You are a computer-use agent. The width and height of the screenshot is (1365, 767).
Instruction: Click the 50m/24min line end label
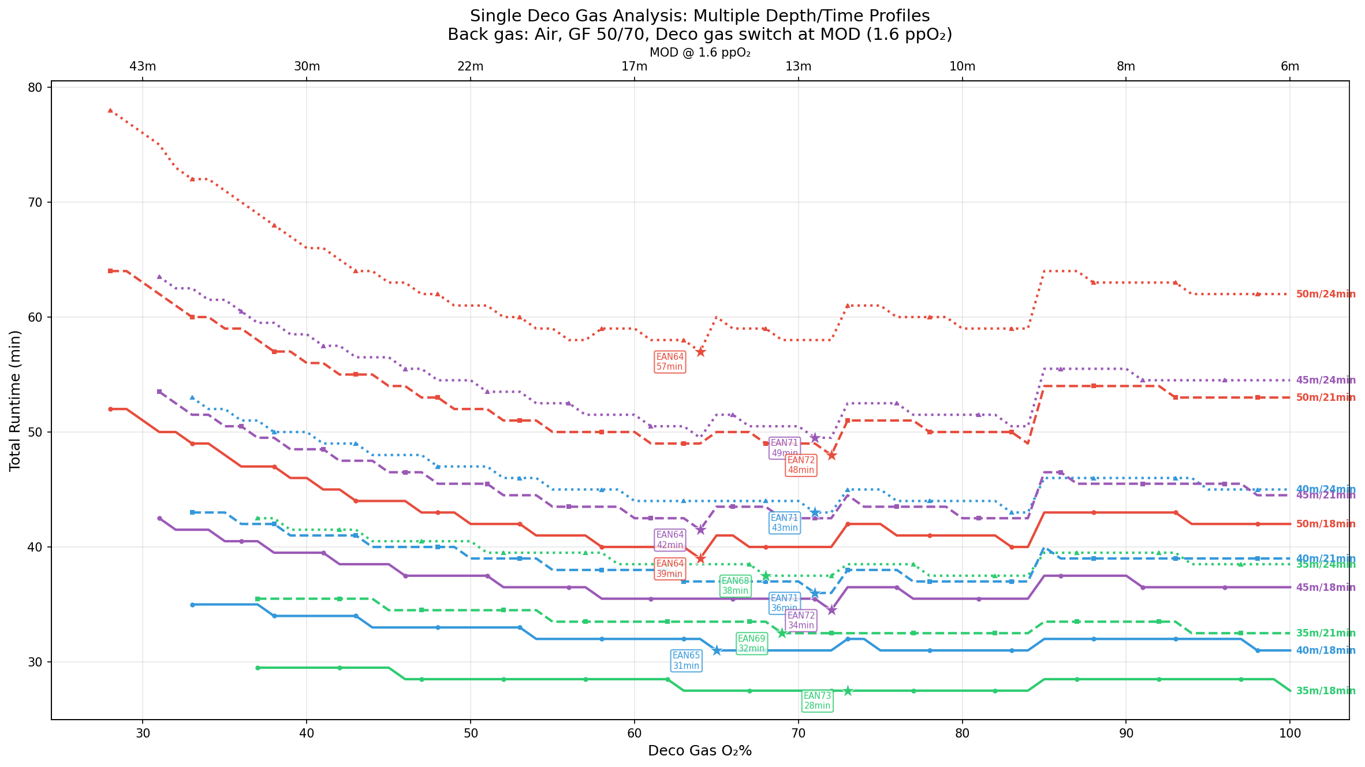tap(1325, 294)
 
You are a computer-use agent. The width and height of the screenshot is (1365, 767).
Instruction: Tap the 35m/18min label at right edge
tap(1325, 691)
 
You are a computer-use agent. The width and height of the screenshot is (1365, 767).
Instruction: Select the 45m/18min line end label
tap(1325, 587)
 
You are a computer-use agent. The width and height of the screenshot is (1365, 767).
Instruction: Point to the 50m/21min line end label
tap(1325, 397)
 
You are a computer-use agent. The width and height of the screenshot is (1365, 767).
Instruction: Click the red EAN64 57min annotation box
tap(670, 362)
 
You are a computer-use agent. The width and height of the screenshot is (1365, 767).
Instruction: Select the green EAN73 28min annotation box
tap(817, 701)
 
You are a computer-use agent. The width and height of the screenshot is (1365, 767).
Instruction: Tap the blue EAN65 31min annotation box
tap(686, 660)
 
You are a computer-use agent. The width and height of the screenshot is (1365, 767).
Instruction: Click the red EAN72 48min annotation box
tap(801, 465)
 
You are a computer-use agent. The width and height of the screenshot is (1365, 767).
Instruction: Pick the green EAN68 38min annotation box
tap(735, 586)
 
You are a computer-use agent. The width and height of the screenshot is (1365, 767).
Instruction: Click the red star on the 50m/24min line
tap(700, 352)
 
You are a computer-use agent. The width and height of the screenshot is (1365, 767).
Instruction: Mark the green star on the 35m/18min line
tap(848, 691)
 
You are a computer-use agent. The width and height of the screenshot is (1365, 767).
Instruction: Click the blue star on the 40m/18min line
tap(717, 650)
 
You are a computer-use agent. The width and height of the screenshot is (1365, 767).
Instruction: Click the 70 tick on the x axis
tap(799, 733)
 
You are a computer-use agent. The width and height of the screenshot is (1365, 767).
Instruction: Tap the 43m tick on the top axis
tap(143, 66)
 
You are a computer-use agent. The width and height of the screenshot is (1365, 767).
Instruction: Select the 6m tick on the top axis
tap(1290, 66)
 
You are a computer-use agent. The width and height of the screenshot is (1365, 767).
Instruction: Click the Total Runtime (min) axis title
tap(15, 400)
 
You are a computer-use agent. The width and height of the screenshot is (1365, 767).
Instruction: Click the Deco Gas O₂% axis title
tap(700, 751)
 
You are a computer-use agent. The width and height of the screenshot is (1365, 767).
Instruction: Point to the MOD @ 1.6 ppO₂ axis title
tap(700, 53)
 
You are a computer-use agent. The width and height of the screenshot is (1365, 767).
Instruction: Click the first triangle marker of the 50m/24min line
tap(110, 110)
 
